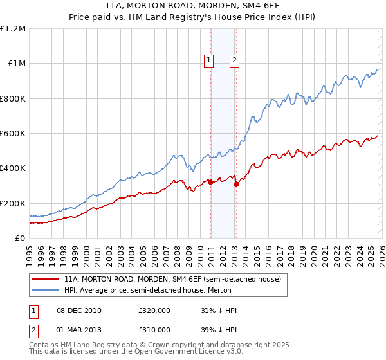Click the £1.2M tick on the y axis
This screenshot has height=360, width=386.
(13, 29)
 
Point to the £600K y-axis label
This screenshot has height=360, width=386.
(13, 134)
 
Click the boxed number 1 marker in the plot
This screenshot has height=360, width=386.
(210, 61)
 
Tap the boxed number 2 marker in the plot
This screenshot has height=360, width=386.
(234, 61)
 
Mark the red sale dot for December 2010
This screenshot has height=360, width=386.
(210, 183)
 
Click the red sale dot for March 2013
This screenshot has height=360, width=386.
(236, 184)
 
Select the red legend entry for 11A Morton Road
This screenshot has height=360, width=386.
(172, 280)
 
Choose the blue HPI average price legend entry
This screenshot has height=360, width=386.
(157, 291)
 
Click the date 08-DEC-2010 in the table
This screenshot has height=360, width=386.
(79, 310)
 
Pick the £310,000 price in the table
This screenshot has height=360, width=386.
(154, 329)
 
